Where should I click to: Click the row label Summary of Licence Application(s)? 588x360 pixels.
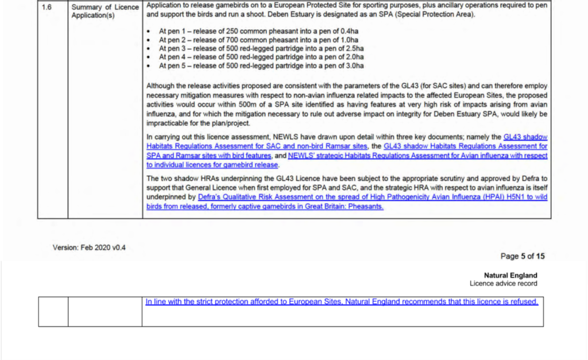tap(105, 11)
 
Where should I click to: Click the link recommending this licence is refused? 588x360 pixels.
tap(342, 301)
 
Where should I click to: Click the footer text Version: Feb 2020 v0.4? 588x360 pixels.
tap(89, 248)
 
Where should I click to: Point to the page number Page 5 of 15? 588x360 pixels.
tap(523, 257)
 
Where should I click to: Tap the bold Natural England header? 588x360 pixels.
tap(510, 276)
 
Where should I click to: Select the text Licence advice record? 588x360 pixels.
tap(503, 284)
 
